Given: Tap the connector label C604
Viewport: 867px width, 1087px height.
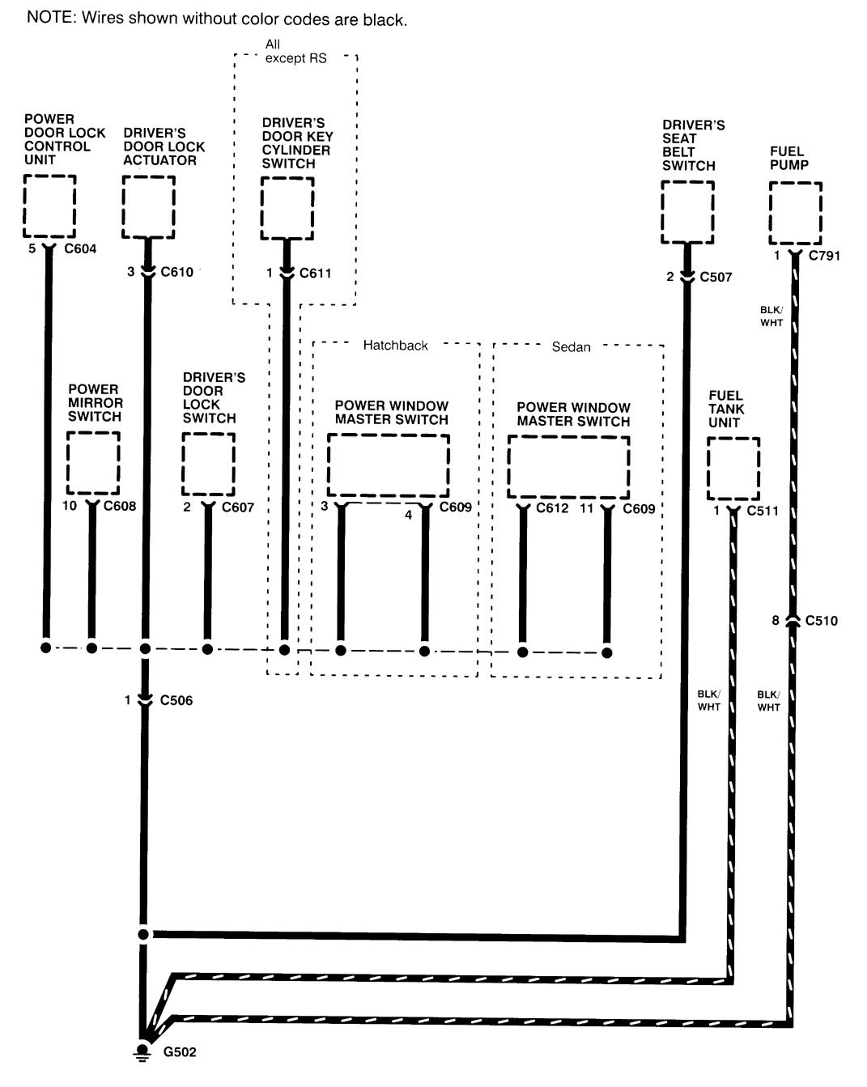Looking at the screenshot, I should (79, 249).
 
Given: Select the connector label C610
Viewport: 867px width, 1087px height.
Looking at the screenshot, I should (177, 272).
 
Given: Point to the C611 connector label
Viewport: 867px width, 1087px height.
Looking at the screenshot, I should (316, 273).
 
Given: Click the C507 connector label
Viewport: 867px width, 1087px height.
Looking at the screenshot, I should (716, 277).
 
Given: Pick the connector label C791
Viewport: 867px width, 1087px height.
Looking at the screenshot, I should (825, 256).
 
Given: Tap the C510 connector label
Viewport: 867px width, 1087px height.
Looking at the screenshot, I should (822, 621).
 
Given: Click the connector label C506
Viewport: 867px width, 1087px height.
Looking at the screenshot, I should (176, 700).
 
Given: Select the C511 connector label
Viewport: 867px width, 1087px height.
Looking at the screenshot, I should (763, 511).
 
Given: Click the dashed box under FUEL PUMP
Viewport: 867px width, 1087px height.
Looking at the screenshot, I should (795, 213).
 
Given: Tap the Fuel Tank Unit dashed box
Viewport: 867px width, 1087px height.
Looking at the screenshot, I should (733, 469).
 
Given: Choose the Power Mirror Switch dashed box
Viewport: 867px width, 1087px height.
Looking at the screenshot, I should (93, 463).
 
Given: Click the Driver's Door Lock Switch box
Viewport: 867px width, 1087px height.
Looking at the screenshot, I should (208, 464).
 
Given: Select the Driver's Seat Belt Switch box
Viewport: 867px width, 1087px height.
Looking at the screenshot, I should (687, 211).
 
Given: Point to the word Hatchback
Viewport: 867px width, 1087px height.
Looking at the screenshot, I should (395, 346).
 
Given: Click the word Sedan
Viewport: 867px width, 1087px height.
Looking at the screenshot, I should (571, 347).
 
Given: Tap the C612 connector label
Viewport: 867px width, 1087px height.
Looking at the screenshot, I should (553, 509).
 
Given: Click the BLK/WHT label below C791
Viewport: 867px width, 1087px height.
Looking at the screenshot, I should (771, 316).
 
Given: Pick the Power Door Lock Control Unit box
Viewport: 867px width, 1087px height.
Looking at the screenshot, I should (49, 206).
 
